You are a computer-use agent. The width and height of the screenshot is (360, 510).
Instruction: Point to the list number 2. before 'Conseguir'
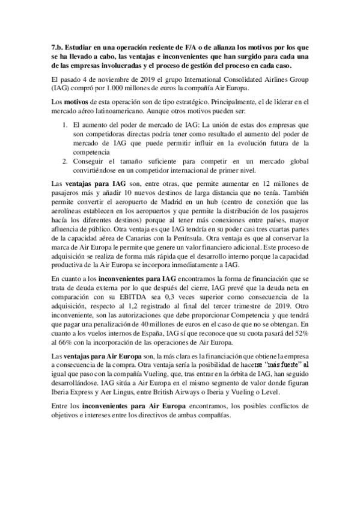[x=67, y=161]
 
